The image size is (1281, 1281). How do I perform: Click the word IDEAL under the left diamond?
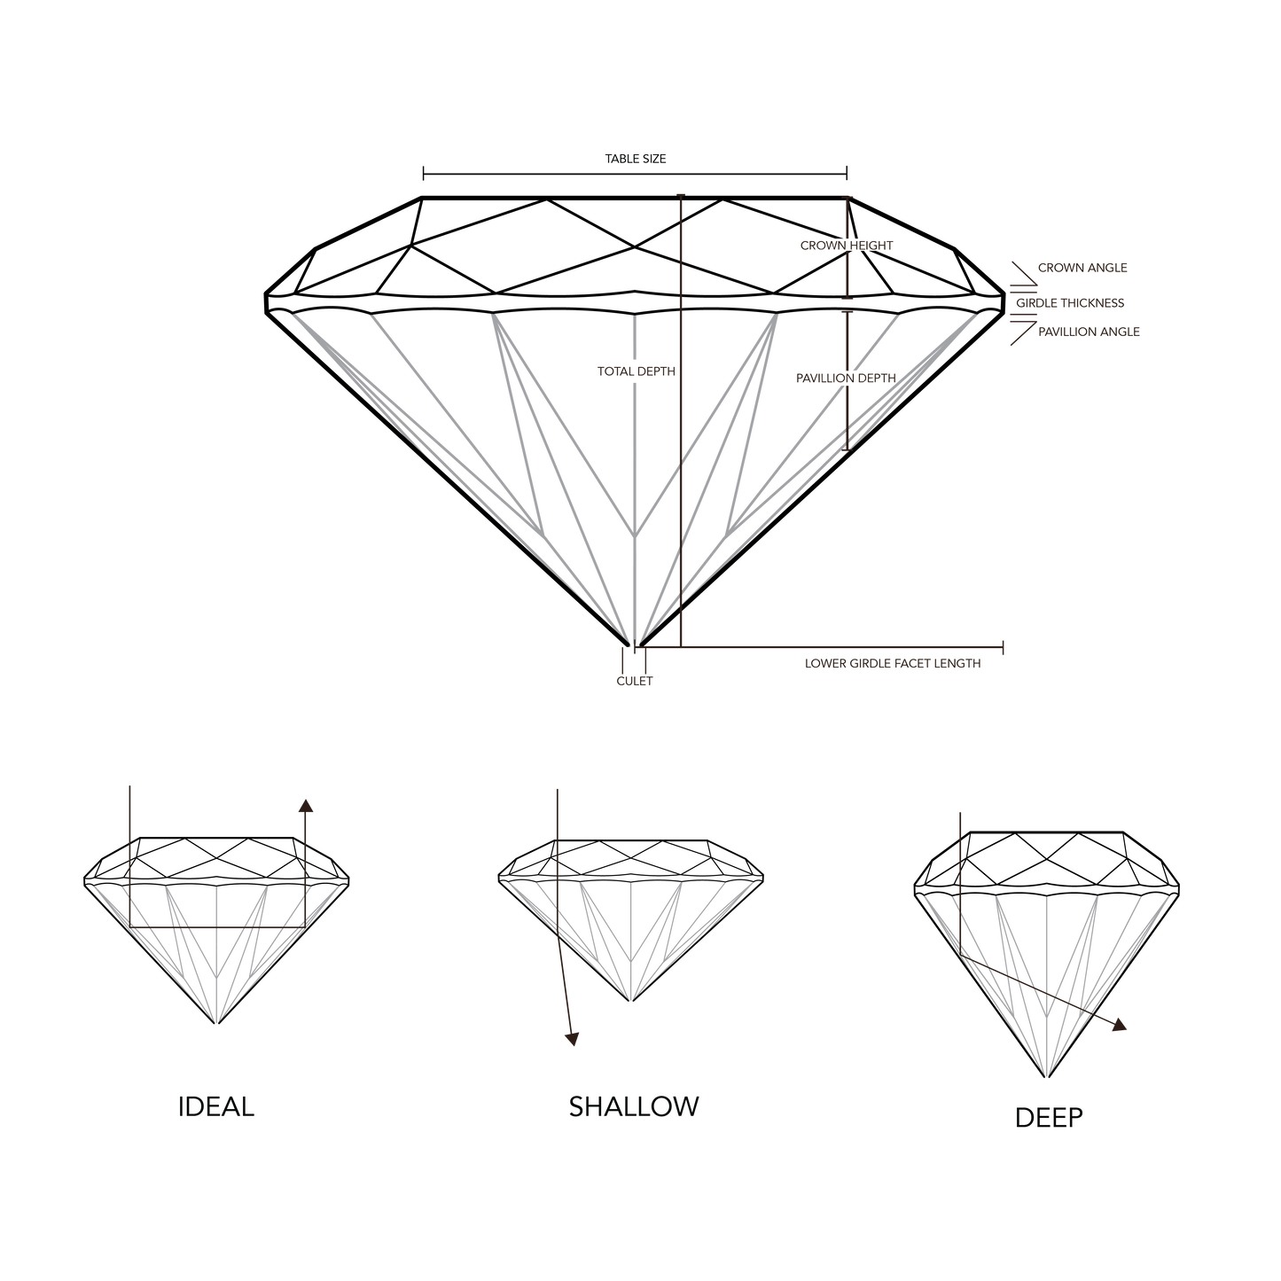click(217, 1108)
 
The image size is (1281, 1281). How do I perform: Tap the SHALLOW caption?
click(634, 1106)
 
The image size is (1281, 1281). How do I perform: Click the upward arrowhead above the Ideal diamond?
click(305, 805)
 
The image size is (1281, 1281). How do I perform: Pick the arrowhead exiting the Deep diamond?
click(1121, 1025)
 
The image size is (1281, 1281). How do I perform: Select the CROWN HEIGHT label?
click(846, 246)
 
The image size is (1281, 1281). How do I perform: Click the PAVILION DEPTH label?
click(846, 378)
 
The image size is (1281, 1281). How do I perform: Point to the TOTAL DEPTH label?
click(637, 372)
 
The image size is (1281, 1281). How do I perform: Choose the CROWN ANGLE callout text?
click(1082, 267)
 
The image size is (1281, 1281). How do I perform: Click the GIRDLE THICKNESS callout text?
click(1070, 303)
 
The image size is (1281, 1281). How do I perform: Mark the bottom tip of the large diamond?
click(633, 643)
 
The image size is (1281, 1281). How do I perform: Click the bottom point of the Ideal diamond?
click(216, 1023)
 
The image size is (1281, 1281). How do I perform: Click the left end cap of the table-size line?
click(424, 174)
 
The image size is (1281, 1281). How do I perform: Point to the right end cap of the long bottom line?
click(1003, 649)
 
